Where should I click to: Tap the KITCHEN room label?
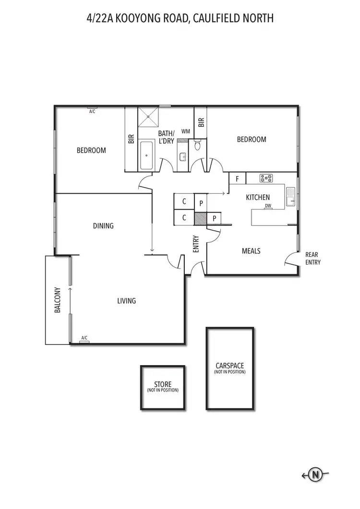pyautogui.click(x=258, y=197)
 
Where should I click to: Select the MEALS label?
pyautogui.click(x=251, y=251)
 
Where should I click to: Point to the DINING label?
pyautogui.click(x=103, y=226)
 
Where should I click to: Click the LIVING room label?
pyautogui.click(x=126, y=301)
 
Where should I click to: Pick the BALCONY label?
pyautogui.click(x=58, y=300)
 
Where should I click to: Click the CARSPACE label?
pyautogui.click(x=229, y=366)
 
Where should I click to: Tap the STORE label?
pyautogui.click(x=163, y=384)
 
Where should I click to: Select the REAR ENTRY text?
pyautogui.click(x=312, y=259)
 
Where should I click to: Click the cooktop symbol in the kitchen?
pyautogui.click(x=266, y=178)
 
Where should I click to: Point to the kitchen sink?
pyautogui.click(x=291, y=197)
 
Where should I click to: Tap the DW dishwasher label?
pyautogui.click(x=268, y=206)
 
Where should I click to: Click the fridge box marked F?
pyautogui.click(x=237, y=179)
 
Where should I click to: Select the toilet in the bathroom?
pyautogui.click(x=197, y=145)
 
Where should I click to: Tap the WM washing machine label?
pyautogui.click(x=185, y=131)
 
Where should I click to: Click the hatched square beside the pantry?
pyautogui.click(x=200, y=218)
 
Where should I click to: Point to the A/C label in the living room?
pyautogui.click(x=84, y=338)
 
